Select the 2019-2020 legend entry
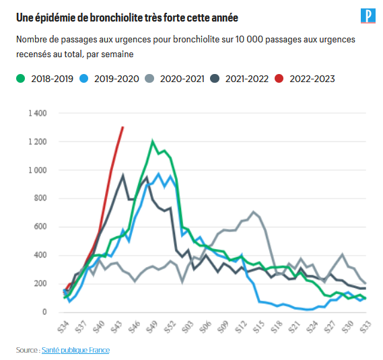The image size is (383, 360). tap(112, 79)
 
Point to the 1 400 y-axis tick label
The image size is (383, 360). tap(37, 113)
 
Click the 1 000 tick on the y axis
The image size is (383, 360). tap(37, 170)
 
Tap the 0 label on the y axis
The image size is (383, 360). tap(44, 312)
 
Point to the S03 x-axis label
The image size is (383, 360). tap(188, 327)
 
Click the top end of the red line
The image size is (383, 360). tap(122, 127)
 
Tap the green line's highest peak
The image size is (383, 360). tap(153, 141)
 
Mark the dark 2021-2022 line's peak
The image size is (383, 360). tap(123, 176)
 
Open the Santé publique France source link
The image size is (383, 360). tap(75, 350)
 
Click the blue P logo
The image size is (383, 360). tap(367, 16)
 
